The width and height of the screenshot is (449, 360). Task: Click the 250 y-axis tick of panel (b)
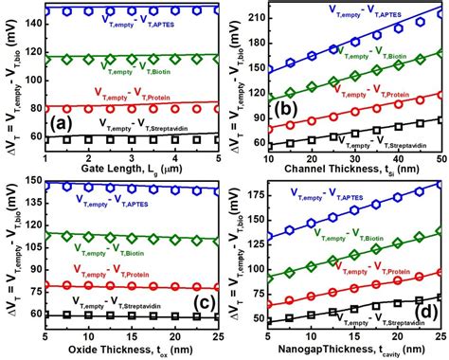point(255,10)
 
